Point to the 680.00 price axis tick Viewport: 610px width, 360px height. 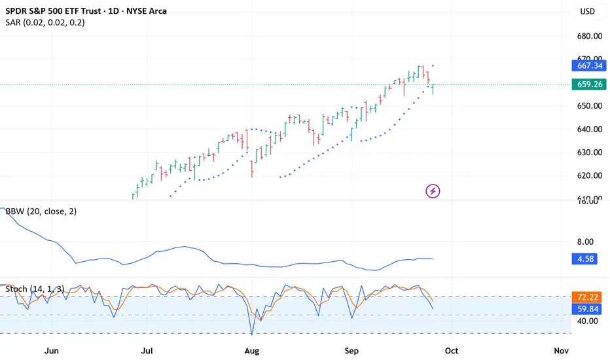(x=585, y=36)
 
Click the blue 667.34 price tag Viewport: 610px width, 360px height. (x=585, y=65)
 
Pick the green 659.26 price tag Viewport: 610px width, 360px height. (x=585, y=84)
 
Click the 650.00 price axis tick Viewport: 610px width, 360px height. (x=585, y=106)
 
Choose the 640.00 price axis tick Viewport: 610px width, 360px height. (x=585, y=129)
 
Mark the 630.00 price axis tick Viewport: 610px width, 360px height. (x=585, y=153)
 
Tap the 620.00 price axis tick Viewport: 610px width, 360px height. (x=585, y=175)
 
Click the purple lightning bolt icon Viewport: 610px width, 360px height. (x=433, y=191)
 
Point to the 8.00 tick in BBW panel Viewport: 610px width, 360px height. (x=585, y=242)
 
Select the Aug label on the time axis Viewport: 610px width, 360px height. (x=253, y=351)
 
